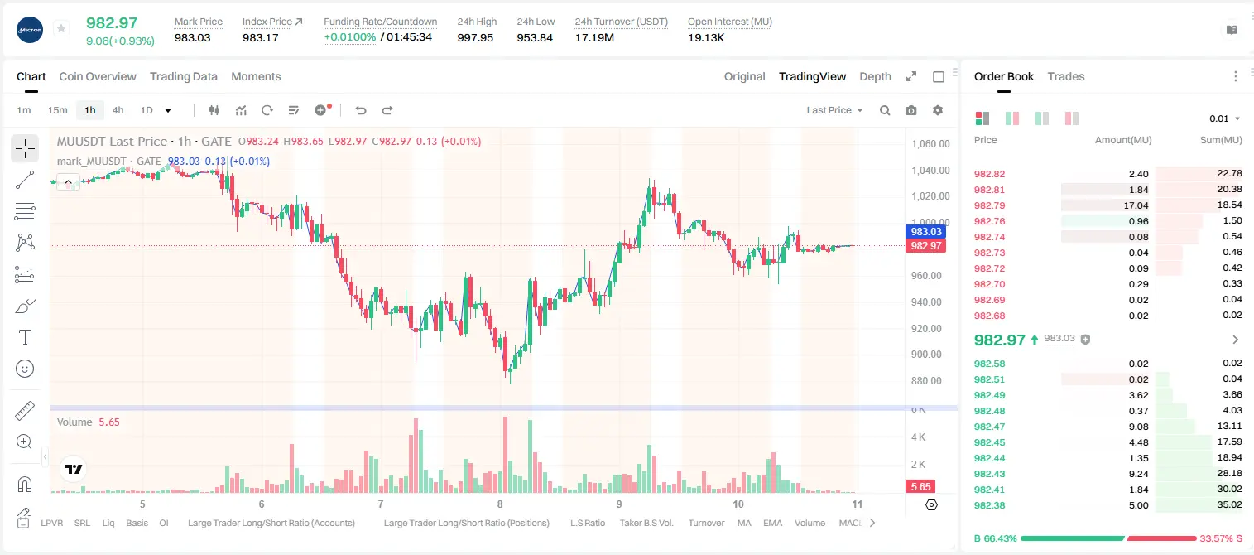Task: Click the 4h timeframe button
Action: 118,110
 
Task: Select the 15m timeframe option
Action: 57,110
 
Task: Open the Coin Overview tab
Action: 98,76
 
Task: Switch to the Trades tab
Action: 1066,76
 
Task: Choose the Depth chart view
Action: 875,76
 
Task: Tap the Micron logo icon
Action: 30,30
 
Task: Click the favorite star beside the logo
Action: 61,28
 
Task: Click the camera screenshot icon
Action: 911,110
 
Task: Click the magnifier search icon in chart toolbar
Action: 885,110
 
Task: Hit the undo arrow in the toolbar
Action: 361,110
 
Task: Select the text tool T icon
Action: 25,337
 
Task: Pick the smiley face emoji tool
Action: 25,369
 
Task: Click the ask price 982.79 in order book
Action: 989,205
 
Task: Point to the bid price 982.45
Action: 989,442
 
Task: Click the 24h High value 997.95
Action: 475,37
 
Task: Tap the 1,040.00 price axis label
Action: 930,171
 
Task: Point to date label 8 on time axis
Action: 500,504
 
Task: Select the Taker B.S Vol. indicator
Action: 646,523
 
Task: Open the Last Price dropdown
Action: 834,110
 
